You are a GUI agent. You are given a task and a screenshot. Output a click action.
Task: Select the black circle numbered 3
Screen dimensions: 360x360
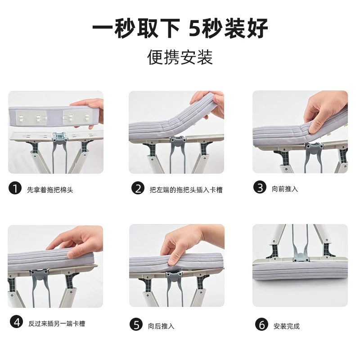(260, 187)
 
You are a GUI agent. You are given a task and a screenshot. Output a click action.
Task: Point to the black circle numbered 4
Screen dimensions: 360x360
(17, 322)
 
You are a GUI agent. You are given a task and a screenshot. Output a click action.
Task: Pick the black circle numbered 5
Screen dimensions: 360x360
(136, 324)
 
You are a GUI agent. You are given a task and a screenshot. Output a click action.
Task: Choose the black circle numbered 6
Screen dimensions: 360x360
(261, 324)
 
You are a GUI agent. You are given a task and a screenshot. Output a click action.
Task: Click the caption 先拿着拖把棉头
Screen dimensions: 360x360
(50, 190)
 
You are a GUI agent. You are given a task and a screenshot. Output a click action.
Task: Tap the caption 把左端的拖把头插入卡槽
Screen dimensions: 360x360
(186, 190)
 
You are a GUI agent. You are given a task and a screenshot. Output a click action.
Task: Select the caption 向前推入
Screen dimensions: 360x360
(285, 189)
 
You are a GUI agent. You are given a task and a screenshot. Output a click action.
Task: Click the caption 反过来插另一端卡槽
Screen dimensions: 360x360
(57, 324)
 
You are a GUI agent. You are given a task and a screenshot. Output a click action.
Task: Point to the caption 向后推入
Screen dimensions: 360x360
(161, 326)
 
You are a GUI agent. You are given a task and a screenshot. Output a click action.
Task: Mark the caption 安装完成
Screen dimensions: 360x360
(287, 326)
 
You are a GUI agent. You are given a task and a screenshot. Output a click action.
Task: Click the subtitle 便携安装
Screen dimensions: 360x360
(180, 57)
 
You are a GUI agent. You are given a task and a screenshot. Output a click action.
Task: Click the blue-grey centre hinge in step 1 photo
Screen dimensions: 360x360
(59, 137)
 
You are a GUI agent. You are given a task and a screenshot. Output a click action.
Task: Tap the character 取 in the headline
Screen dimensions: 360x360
(148, 28)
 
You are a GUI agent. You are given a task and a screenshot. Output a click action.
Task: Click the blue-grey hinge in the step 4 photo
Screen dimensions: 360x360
(40, 274)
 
